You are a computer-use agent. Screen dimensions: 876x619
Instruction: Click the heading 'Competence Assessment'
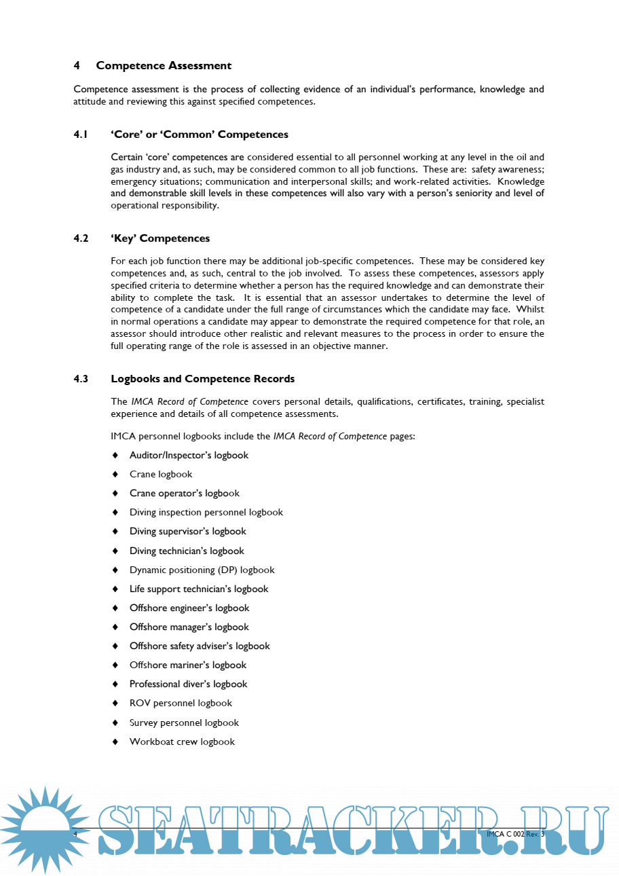tap(164, 66)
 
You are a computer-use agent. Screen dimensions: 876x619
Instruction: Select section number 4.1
tap(81, 134)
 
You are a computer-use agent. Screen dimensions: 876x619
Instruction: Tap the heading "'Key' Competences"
tap(160, 238)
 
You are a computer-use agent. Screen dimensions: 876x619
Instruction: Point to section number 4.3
tap(81, 379)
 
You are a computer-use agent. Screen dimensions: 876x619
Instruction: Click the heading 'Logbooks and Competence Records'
tap(202, 379)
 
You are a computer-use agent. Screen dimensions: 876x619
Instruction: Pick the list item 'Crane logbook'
tap(161, 474)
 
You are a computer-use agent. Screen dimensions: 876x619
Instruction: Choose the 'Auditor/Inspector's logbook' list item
tap(189, 455)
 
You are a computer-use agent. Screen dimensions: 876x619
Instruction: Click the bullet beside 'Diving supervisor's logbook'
tap(115, 532)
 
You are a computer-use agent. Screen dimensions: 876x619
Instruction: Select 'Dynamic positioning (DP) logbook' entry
tap(202, 570)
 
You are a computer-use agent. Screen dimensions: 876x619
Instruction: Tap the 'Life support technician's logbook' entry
tap(199, 589)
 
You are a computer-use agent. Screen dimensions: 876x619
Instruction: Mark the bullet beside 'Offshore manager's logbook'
tap(115, 627)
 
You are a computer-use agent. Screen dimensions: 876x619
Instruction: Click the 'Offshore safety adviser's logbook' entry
tap(200, 646)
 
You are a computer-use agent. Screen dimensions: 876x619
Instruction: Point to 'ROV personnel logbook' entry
tap(181, 703)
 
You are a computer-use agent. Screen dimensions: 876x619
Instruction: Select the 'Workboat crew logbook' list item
tap(182, 742)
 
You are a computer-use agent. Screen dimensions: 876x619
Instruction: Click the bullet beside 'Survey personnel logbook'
tap(115, 723)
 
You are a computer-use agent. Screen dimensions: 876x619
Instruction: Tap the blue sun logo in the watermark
tap(45, 828)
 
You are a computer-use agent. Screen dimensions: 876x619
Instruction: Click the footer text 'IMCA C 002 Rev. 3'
tap(516, 833)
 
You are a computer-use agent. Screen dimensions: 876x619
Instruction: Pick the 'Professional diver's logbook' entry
tap(188, 684)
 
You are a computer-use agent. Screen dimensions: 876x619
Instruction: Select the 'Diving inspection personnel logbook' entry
tap(206, 512)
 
